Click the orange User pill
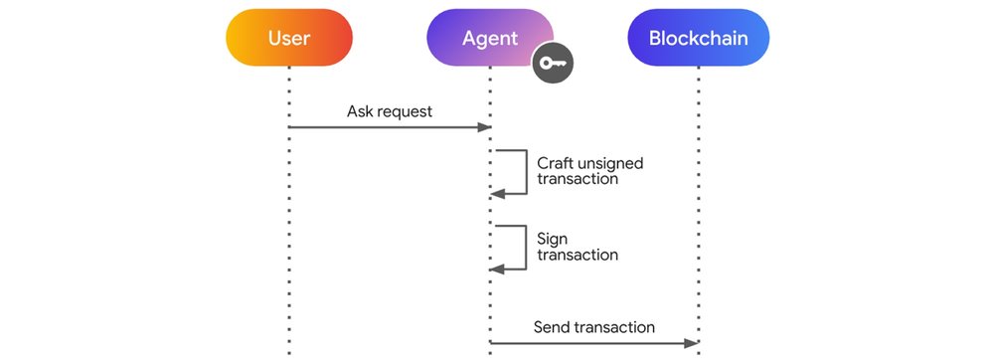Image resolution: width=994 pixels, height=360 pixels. click(288, 39)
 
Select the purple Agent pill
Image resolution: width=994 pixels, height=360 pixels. click(489, 39)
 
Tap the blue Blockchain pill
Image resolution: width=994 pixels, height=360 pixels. click(698, 39)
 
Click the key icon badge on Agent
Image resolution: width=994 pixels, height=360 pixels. click(554, 65)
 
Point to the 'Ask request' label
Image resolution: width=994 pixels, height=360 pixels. click(390, 111)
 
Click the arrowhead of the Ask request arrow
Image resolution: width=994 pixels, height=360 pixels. click(486, 127)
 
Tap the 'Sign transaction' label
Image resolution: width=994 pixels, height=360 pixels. click(577, 247)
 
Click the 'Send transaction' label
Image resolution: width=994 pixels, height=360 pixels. click(594, 326)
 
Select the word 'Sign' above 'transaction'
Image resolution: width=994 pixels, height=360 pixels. click(553, 239)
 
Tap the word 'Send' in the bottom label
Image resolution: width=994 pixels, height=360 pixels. click(552, 326)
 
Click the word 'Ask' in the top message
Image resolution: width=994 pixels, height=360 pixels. click(360, 111)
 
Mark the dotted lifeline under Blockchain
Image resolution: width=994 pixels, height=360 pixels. click(698, 199)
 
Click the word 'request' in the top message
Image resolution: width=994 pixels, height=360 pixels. click(405, 111)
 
